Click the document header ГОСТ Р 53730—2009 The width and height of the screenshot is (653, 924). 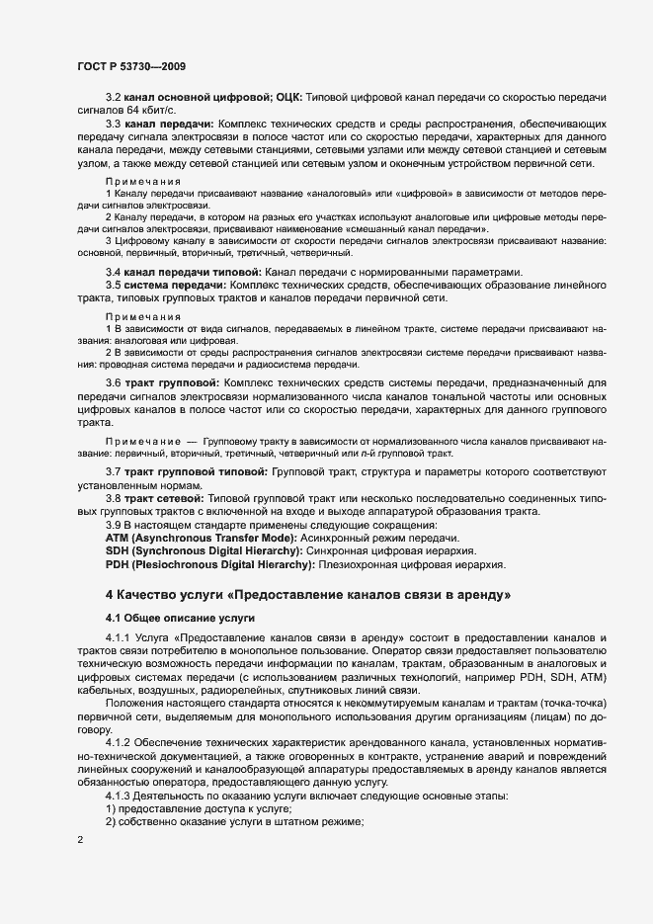click(x=126, y=65)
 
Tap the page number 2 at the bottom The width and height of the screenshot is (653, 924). click(x=80, y=840)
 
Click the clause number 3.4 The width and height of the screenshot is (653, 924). click(x=113, y=272)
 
